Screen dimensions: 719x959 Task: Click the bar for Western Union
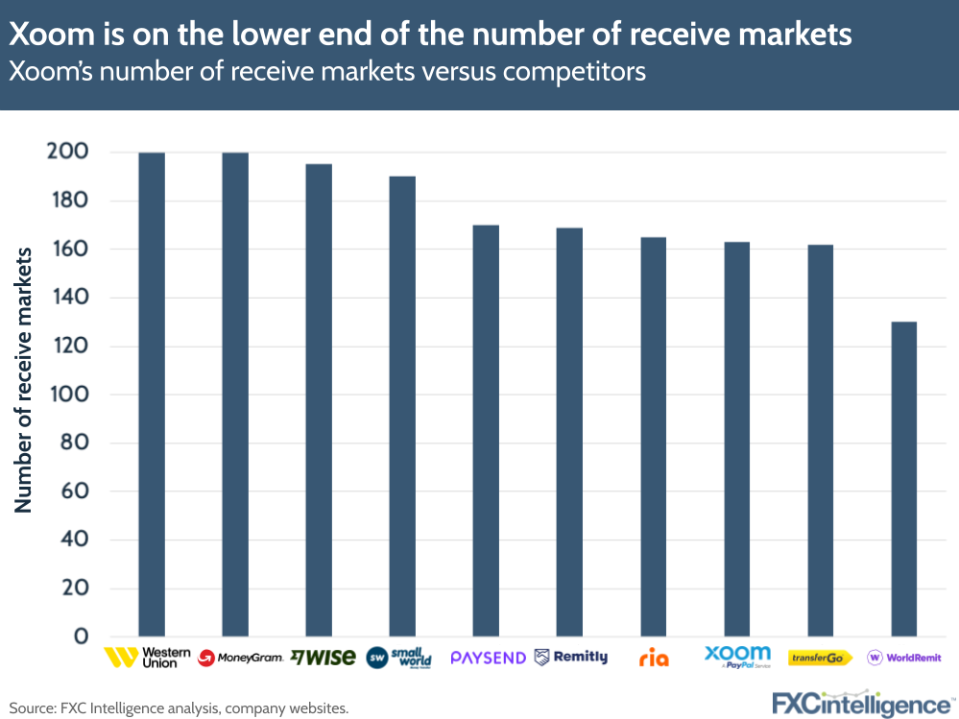click(152, 394)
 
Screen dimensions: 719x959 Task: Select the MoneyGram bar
click(235, 394)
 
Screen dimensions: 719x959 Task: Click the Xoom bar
click(736, 439)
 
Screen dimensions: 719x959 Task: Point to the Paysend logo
click(488, 658)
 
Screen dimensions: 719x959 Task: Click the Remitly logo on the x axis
click(570, 658)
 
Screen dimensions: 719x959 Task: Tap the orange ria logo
click(654, 659)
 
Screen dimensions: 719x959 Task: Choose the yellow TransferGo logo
click(820, 658)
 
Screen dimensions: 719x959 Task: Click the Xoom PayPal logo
click(737, 657)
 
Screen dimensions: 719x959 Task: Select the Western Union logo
click(141, 658)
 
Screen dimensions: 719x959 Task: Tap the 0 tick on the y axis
click(81, 636)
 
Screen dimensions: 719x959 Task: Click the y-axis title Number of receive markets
click(23, 379)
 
